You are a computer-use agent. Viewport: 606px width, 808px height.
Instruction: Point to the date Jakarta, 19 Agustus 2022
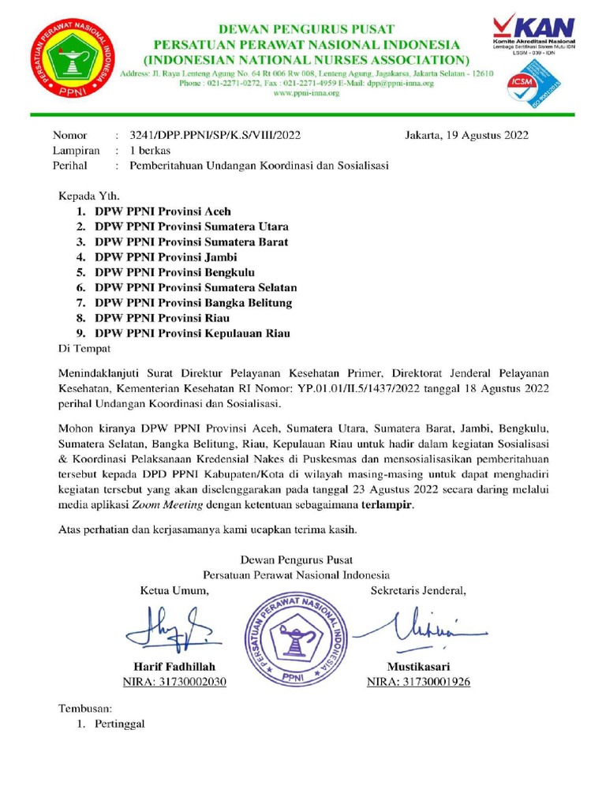[x=467, y=135]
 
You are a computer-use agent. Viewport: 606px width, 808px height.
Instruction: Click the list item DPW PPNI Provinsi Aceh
[x=163, y=212]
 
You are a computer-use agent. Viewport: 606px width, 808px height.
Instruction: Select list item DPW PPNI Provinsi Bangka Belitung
[x=193, y=303]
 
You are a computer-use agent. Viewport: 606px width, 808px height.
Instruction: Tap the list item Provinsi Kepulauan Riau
[x=192, y=333]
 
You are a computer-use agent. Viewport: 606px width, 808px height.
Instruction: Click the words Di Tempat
[x=86, y=348]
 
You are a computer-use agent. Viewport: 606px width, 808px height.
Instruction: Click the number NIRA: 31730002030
[x=174, y=682]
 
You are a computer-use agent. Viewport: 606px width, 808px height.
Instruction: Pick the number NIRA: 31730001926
[x=418, y=682]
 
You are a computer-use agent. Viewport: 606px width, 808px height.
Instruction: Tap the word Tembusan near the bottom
[x=88, y=708]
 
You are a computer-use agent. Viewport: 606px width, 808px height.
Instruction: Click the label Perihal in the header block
[x=69, y=166]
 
